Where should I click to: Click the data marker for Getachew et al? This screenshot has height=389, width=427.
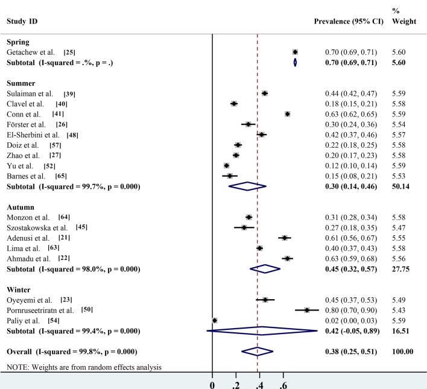295,52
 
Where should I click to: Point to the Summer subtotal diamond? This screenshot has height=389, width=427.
247,186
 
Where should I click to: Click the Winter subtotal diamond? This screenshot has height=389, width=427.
262,330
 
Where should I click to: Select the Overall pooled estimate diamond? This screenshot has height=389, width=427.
258,351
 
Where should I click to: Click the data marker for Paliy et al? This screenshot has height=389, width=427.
215,320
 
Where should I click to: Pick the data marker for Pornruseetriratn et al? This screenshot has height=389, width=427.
307,310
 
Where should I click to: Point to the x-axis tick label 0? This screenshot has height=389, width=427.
212,383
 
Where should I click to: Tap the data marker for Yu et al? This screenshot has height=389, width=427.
226,165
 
